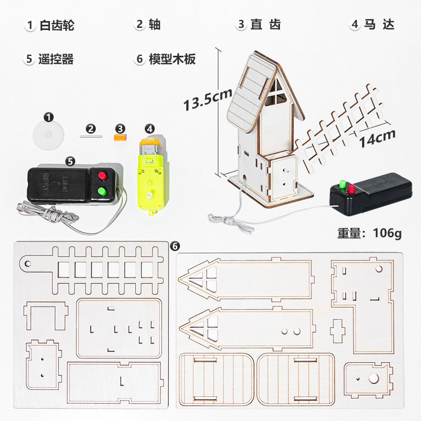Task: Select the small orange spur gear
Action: pos(121,137)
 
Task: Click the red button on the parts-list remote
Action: pos(102,176)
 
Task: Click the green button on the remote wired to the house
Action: pos(342,184)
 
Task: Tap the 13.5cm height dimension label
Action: pos(207,98)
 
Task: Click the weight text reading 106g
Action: pos(369,232)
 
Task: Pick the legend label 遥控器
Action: pos(56,59)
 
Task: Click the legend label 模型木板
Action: pos(172,59)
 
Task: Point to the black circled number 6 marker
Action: pos(175,246)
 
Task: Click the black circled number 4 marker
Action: pos(150,128)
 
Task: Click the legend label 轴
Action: pos(155,25)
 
